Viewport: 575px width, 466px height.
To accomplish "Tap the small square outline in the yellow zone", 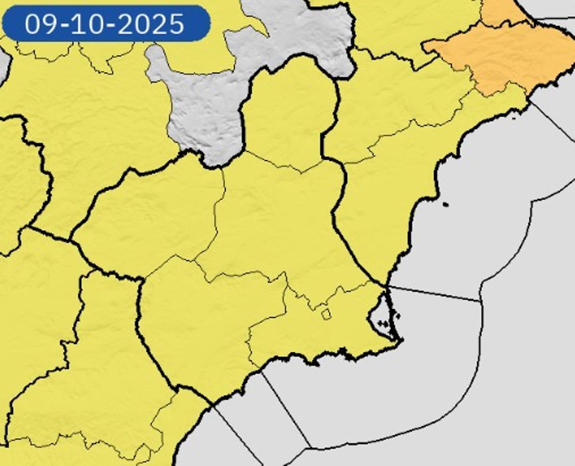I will click(x=326, y=315).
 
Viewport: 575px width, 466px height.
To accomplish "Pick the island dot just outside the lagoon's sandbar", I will click(x=397, y=315).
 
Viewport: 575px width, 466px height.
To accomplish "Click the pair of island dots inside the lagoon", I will click(x=382, y=324).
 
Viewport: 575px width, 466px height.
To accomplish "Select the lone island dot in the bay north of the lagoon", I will click(x=446, y=205).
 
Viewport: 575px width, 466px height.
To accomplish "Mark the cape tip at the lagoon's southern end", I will click(x=401, y=340).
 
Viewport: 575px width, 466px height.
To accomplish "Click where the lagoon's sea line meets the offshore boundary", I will click(x=481, y=301).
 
